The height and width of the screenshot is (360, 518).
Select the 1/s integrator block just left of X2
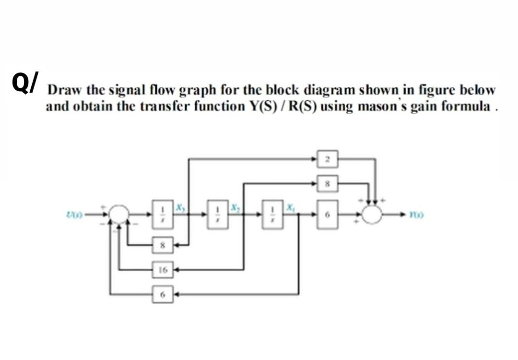pos(219,213)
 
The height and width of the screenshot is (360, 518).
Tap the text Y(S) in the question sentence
pos(259,106)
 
